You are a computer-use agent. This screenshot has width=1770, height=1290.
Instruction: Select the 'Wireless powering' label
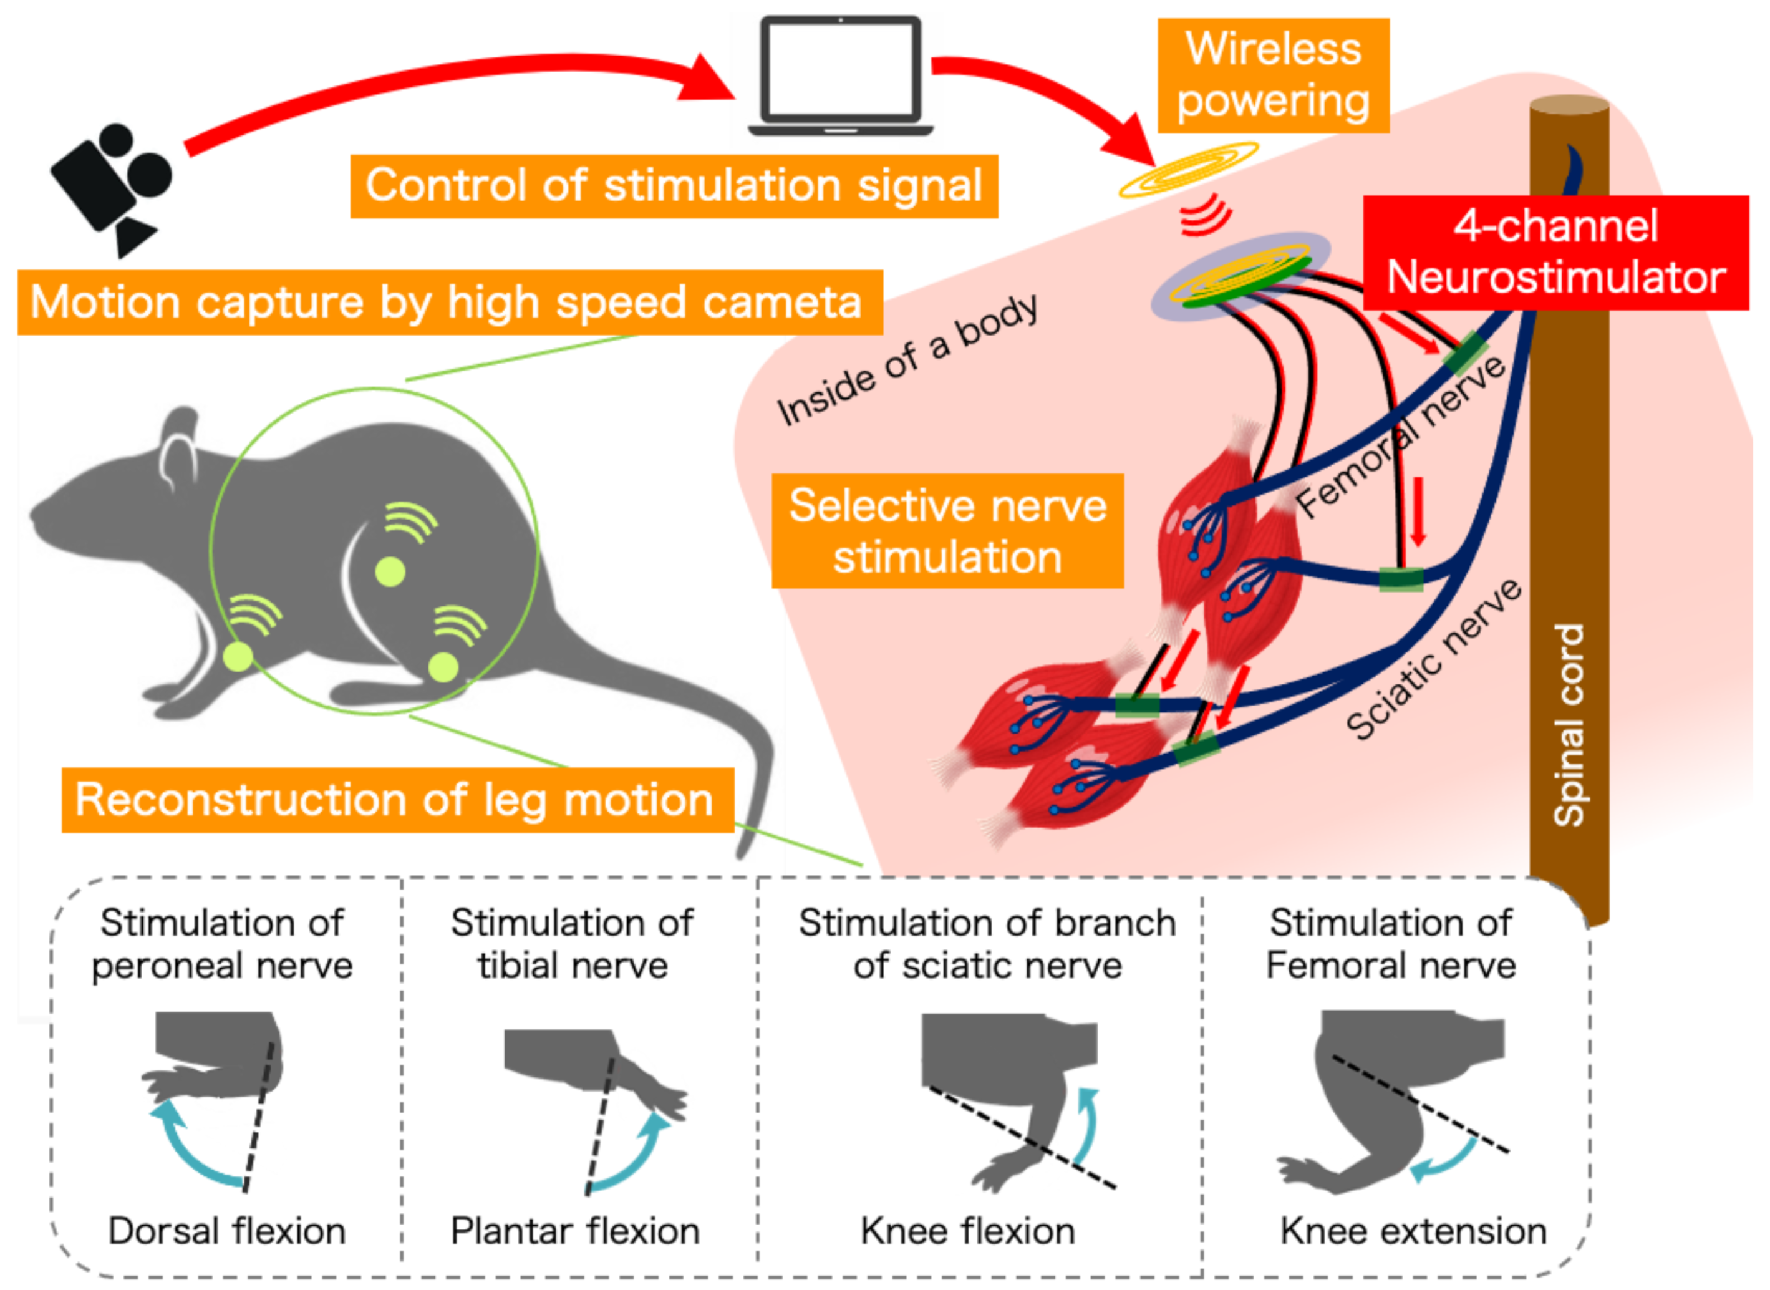(1273, 75)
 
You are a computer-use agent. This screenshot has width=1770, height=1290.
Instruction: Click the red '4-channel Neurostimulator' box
(1555, 252)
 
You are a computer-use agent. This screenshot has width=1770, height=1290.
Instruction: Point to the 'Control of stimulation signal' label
(674, 187)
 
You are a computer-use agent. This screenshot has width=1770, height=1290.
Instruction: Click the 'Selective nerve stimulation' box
(947, 531)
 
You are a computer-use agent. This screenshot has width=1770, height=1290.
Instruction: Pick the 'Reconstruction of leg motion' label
(397, 800)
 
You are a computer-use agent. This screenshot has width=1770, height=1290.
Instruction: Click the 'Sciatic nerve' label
(1433, 661)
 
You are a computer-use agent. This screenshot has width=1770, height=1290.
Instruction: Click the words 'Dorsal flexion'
(226, 1231)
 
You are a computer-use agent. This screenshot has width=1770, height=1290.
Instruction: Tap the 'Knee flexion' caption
(967, 1231)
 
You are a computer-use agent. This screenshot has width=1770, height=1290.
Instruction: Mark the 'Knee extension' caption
(1413, 1231)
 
